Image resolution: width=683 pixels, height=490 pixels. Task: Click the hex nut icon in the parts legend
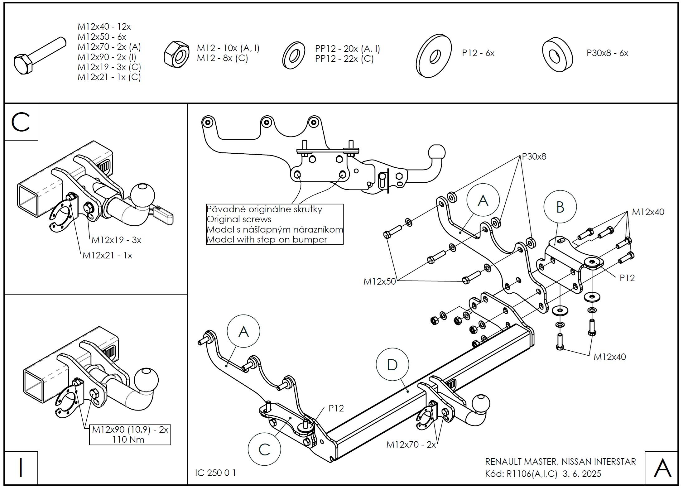point(176,54)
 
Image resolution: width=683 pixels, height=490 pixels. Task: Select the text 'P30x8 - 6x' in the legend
point(607,53)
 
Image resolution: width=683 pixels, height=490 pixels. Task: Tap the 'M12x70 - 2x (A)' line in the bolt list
point(109,47)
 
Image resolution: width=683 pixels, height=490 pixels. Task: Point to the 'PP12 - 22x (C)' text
point(344,59)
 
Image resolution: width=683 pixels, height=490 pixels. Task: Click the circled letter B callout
point(560,207)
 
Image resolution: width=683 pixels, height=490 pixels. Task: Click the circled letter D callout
point(392,364)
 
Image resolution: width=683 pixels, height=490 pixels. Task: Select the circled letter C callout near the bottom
point(264,449)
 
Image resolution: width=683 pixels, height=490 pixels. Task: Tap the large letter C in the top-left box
point(21,122)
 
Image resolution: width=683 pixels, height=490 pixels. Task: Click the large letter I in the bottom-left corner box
point(21,468)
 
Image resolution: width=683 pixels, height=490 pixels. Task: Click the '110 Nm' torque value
point(129,440)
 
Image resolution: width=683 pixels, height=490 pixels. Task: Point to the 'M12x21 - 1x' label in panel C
point(107,256)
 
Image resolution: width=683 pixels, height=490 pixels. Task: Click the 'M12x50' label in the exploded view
point(379,281)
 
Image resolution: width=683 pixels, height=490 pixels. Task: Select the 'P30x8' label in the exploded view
point(534,156)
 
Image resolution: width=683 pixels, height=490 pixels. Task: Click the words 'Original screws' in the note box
point(239,219)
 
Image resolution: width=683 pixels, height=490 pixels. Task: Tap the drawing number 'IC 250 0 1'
point(215,473)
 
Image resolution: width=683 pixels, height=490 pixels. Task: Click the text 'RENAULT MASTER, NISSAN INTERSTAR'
point(560,462)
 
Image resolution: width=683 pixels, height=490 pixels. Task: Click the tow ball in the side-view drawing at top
point(437,153)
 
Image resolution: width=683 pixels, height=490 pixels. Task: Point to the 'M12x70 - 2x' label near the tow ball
point(411,444)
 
